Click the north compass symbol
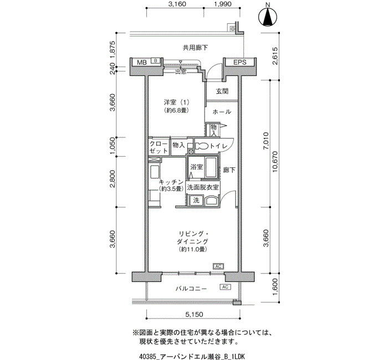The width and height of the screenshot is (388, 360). click(268, 17)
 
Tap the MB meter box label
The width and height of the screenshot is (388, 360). click(142, 62)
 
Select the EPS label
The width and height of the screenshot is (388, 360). click(240, 62)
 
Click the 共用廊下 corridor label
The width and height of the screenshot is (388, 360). click(195, 48)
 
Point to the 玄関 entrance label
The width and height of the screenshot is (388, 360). click(222, 91)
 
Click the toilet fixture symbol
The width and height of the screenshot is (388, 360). click(202, 146)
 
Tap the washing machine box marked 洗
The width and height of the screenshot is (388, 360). click(196, 200)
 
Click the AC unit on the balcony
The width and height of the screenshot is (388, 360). click(225, 287)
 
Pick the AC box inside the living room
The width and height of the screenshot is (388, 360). click(218, 266)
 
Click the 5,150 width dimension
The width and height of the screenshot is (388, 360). click(194, 314)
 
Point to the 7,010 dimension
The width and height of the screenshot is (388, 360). click(266, 141)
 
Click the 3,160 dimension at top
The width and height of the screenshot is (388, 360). click(177, 4)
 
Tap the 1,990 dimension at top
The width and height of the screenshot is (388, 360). click(223, 4)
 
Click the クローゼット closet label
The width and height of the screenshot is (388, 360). click(159, 147)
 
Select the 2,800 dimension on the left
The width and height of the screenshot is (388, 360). click(113, 179)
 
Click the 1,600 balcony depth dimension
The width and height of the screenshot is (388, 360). click(275, 287)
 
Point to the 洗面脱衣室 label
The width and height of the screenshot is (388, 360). click(203, 187)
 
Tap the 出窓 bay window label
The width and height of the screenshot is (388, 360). click(181, 71)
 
